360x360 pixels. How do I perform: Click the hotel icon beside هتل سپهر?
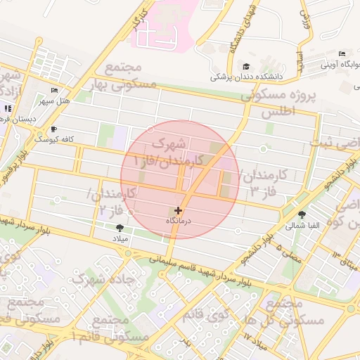coord(55,91)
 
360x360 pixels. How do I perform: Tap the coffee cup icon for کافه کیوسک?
coord(53,129)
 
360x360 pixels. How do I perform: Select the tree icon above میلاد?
coord(119,227)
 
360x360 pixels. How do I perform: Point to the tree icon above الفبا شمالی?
coord(302,214)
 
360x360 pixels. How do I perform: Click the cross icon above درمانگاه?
coord(178,210)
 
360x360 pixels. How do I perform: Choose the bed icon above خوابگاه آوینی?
coord(342,54)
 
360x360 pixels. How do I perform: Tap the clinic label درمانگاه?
coord(178,221)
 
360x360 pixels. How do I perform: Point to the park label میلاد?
coord(119,238)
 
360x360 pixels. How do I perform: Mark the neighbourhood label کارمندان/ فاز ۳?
coord(261,182)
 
